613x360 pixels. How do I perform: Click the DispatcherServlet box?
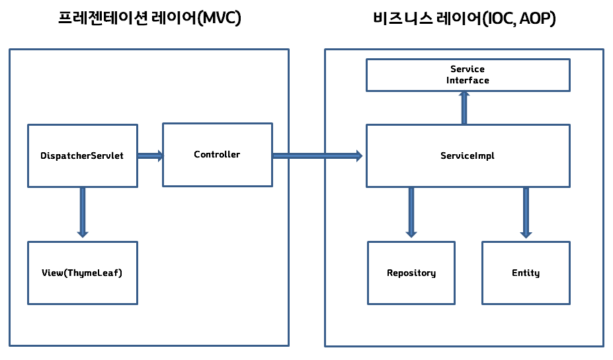(83, 156)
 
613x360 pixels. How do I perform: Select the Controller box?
(217, 154)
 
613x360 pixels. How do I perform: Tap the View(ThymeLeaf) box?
(83, 273)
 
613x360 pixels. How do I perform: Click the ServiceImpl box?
(468, 156)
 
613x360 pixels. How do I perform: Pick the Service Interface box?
(468, 75)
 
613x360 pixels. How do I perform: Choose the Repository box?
(411, 273)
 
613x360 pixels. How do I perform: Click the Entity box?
(526, 273)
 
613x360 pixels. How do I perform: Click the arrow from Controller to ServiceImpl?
(317, 156)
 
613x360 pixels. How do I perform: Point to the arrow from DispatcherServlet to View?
(83, 212)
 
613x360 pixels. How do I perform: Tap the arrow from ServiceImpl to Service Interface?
(464, 108)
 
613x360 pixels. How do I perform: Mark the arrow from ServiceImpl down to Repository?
(411, 212)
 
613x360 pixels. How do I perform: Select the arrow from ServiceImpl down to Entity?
(526, 212)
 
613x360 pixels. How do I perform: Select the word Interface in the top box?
(468, 80)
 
